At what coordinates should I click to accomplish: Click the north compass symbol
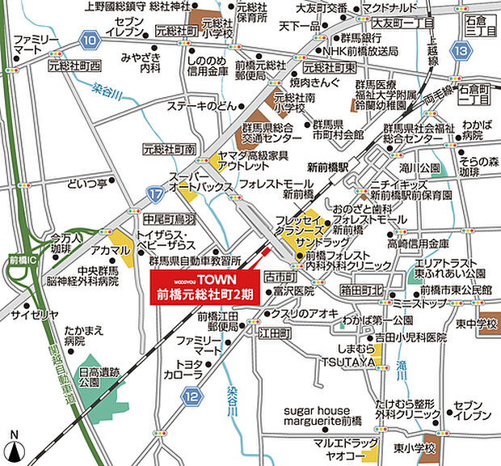point(14,447)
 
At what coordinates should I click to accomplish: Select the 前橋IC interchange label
point(17,258)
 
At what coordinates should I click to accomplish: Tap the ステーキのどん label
point(200,107)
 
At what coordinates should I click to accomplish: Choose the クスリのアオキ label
point(305,311)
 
